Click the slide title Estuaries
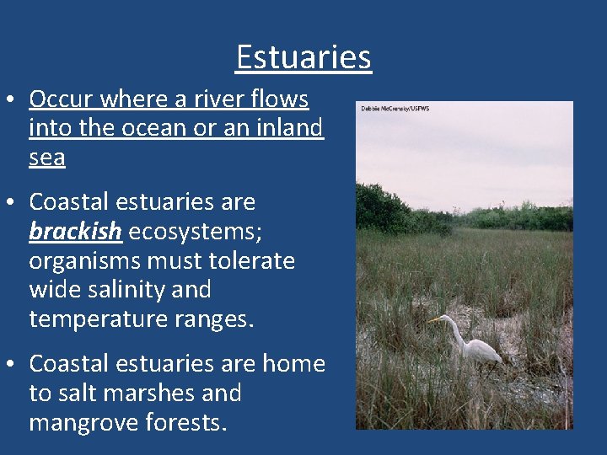(303, 57)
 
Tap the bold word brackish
(75, 232)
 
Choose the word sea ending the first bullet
(46, 158)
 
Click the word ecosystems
(194, 232)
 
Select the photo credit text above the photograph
(395, 109)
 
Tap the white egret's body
(481, 349)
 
